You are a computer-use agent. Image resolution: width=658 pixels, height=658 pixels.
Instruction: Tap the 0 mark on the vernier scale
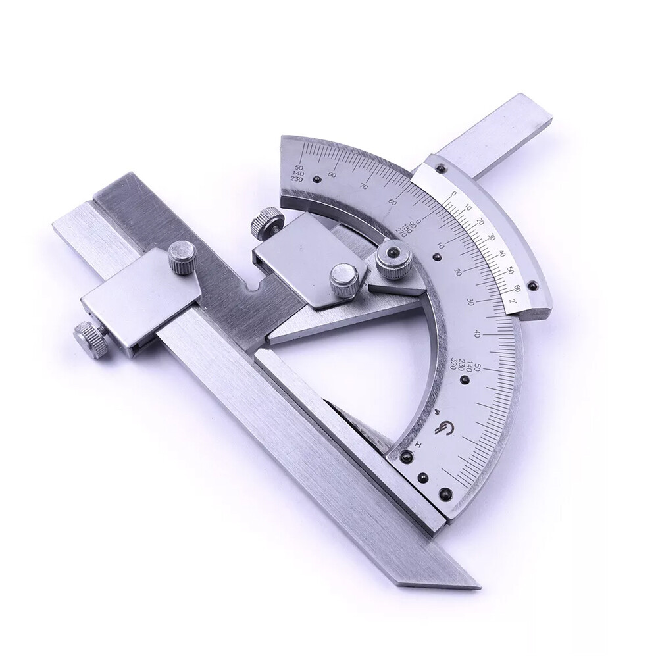tap(453, 195)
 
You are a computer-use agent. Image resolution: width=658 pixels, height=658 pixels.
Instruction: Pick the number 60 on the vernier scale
tap(517, 288)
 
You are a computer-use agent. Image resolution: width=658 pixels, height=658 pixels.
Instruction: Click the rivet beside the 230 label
tap(316, 178)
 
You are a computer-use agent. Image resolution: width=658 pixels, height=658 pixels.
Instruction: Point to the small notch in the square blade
tap(254, 288)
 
